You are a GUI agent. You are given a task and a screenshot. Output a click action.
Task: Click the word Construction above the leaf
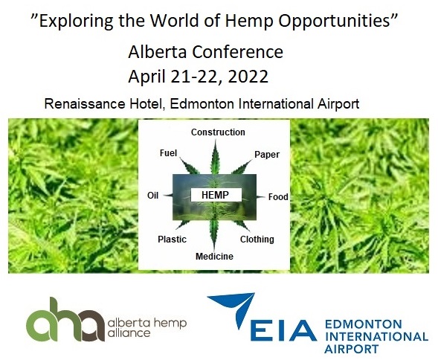(218, 132)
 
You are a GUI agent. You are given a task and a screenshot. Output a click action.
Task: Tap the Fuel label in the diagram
(169, 153)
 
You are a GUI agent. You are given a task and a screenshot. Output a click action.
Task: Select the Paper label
(267, 155)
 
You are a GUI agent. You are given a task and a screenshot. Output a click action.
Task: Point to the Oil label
(152, 196)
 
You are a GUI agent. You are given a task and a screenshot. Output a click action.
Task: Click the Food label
(278, 197)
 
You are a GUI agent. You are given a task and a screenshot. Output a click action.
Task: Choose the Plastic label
(172, 240)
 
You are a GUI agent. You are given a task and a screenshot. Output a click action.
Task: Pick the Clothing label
(257, 240)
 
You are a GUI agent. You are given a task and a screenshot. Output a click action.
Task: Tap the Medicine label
(214, 257)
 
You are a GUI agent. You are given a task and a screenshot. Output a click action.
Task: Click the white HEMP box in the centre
(216, 195)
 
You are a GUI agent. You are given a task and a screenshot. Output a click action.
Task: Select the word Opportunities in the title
(334, 21)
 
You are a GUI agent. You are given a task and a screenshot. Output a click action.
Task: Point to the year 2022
(248, 77)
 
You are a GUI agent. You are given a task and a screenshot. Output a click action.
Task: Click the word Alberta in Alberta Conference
(157, 52)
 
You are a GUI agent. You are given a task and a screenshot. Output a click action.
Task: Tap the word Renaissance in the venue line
(85, 103)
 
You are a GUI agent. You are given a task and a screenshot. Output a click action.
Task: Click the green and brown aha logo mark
(65, 320)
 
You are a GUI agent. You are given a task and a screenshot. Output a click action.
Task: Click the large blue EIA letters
(283, 331)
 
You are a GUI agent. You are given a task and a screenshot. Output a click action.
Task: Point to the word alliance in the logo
(129, 332)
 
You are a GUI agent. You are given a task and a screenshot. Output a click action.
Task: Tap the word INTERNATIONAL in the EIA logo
(376, 336)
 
